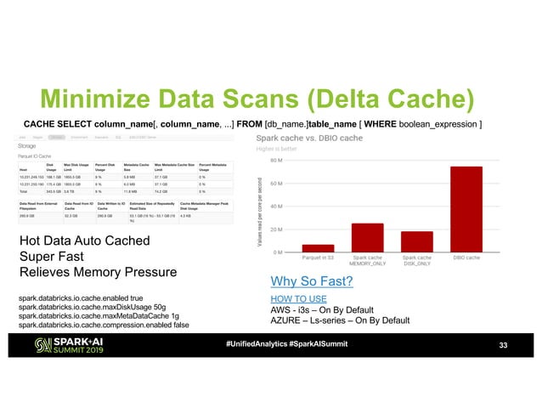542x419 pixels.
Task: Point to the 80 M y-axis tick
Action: (277, 159)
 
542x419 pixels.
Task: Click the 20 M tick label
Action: (277, 229)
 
